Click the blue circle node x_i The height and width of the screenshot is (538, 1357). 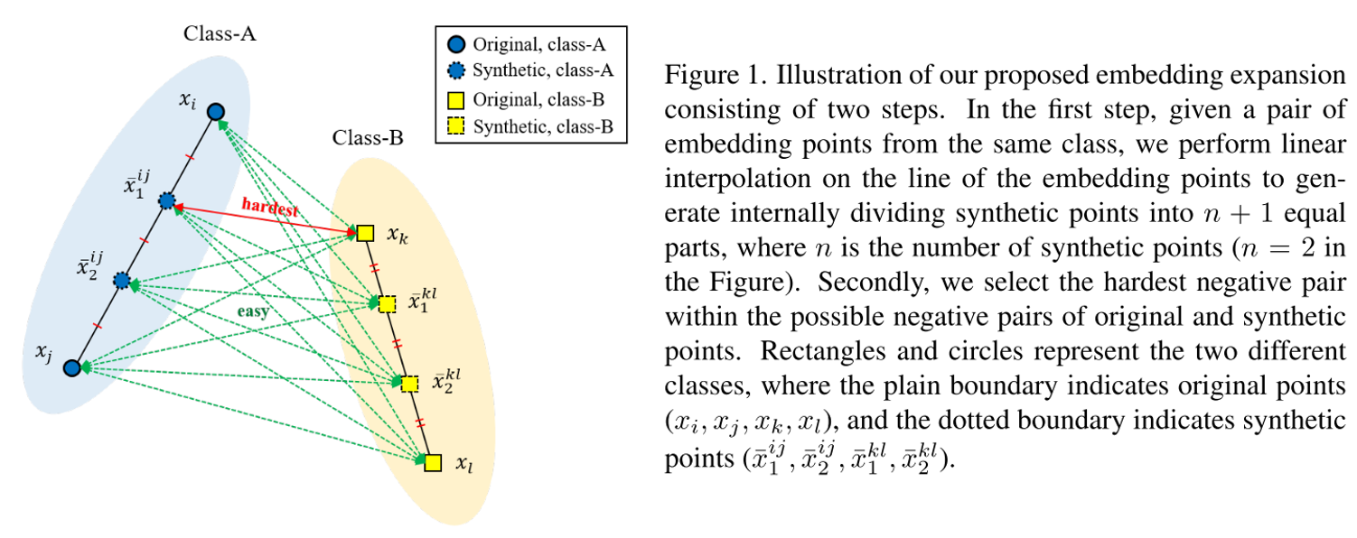click(215, 112)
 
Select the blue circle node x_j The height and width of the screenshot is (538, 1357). click(72, 366)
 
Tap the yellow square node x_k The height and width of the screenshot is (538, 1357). click(364, 234)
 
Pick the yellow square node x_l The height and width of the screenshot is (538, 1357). click(433, 463)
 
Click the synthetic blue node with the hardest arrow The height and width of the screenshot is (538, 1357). click(166, 200)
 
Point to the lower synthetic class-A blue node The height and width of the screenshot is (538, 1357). click(122, 282)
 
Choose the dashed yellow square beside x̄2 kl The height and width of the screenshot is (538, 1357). click(409, 384)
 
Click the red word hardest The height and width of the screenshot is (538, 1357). click(269, 206)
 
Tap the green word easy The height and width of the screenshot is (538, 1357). click(255, 311)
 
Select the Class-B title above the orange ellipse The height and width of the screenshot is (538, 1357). click(368, 138)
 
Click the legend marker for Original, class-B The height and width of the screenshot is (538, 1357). click(457, 98)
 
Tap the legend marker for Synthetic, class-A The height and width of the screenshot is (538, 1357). click(457, 71)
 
